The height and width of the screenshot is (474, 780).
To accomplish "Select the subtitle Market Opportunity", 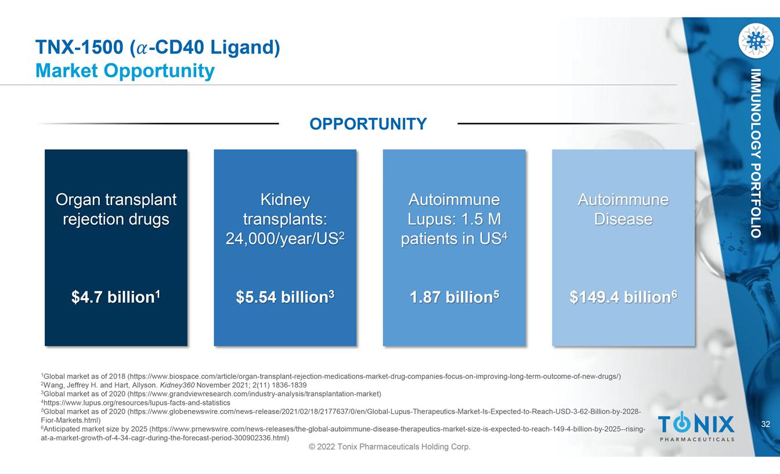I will [125, 71].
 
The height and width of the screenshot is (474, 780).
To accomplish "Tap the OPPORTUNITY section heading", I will [368, 124].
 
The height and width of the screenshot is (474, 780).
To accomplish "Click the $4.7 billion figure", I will [115, 297].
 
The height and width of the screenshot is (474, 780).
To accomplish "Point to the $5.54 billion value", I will [285, 297].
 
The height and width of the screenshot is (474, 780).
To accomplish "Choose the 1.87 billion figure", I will [454, 297].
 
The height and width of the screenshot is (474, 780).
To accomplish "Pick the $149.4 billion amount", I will [623, 297].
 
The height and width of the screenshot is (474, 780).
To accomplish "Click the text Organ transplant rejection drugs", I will [116, 210].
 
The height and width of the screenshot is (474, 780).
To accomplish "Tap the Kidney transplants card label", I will [285, 219].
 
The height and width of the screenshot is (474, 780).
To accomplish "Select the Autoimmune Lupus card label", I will [454, 219].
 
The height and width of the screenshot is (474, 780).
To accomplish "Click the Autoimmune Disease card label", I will [623, 210].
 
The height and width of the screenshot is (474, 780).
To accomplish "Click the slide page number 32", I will [765, 425].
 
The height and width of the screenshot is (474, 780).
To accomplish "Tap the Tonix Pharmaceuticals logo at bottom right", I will [696, 428].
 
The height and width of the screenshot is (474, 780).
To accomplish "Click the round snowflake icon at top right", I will [755, 41].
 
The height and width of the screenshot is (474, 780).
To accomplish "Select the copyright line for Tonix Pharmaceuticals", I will [389, 447].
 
